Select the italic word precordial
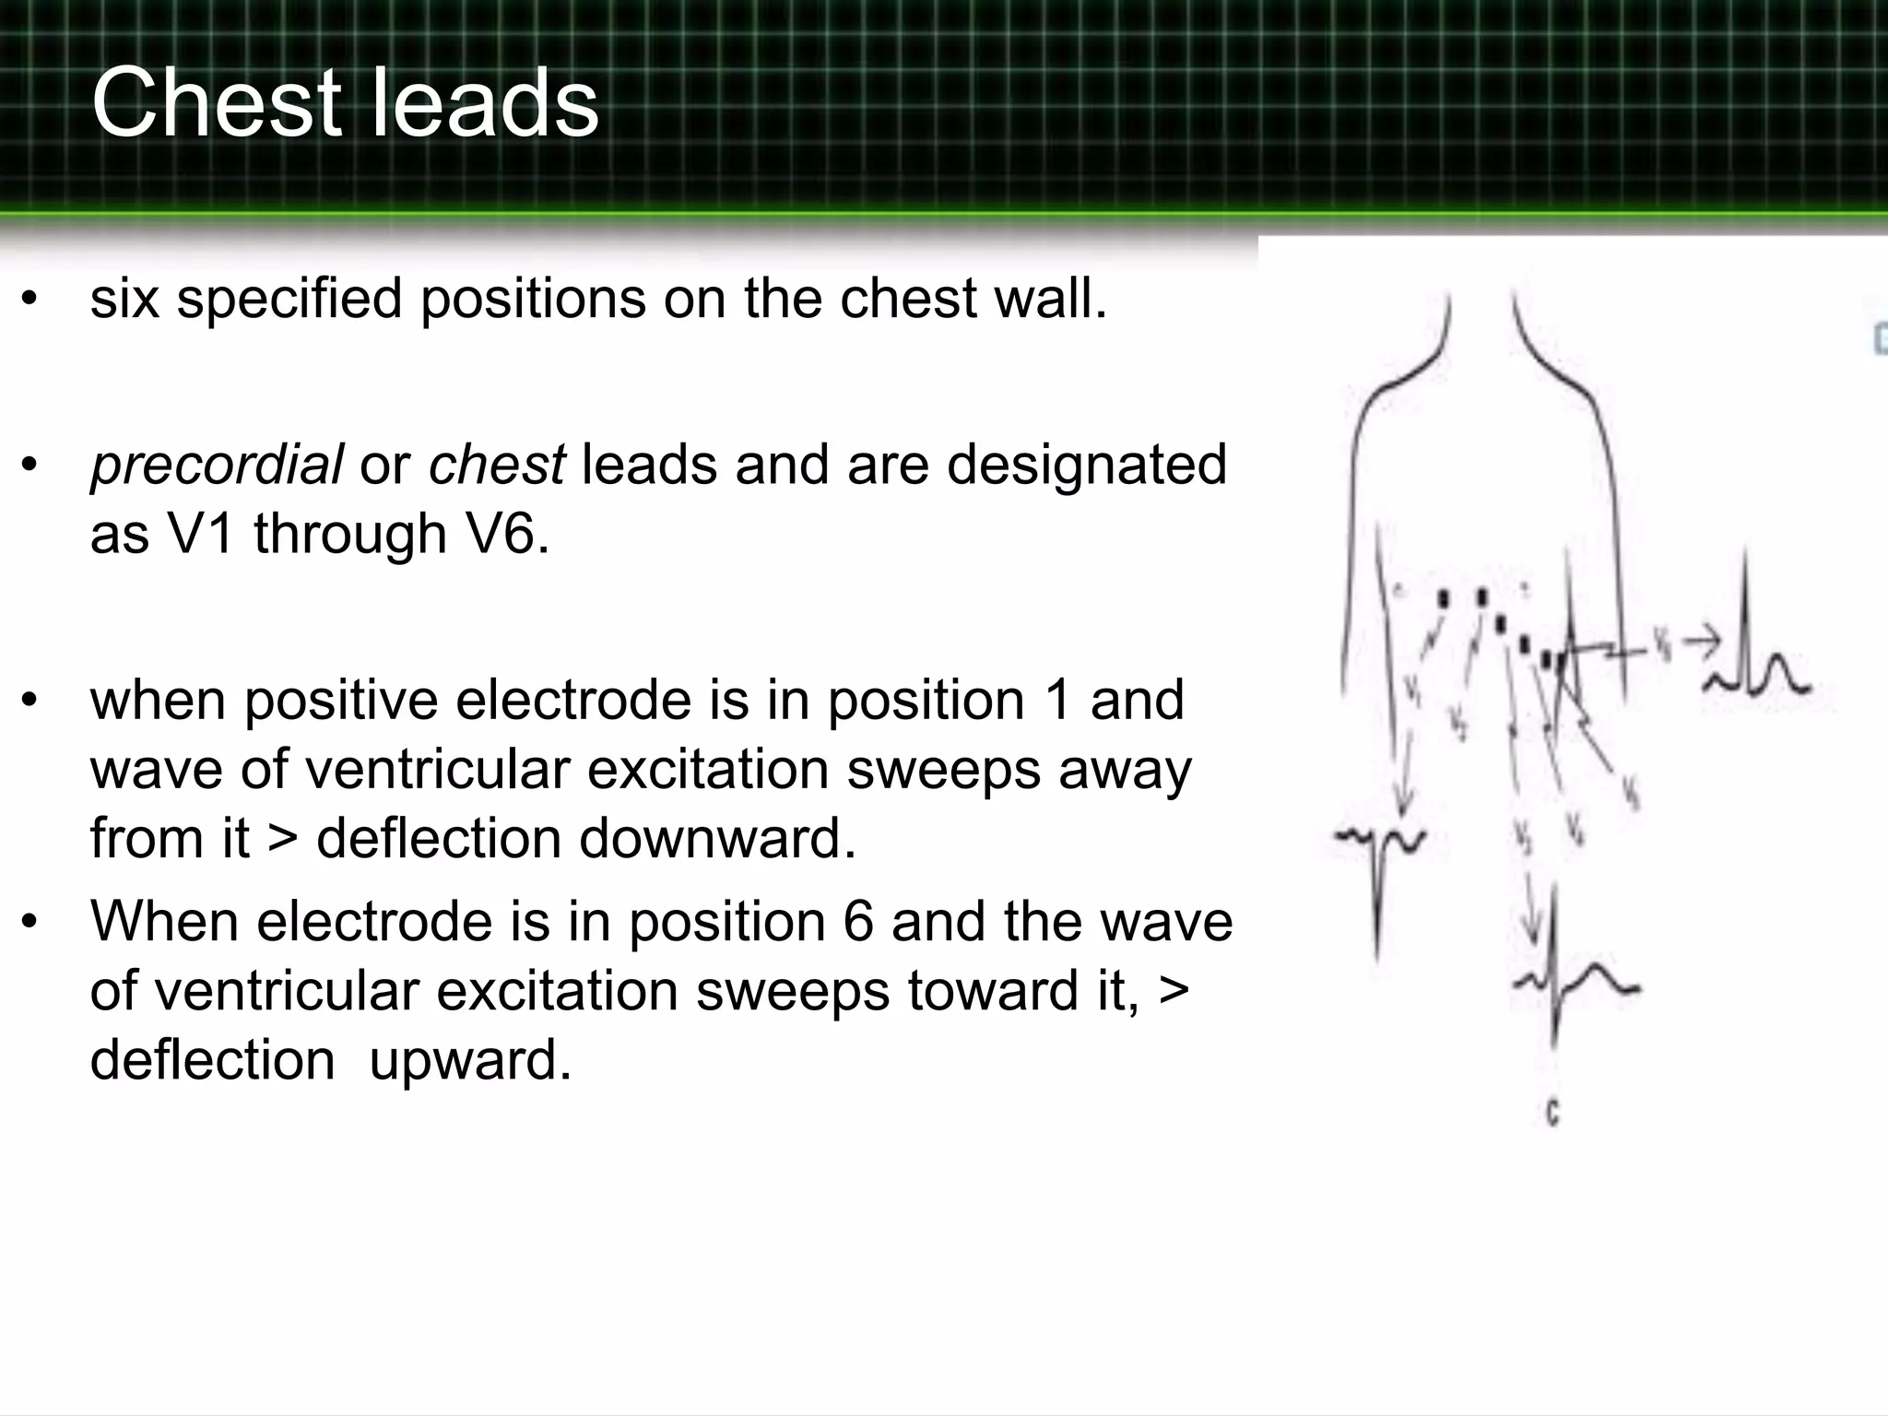pyautogui.click(x=217, y=464)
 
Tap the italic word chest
pyautogui.click(x=496, y=464)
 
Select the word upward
pyautogui.click(x=470, y=1059)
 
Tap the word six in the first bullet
pyautogui.click(x=124, y=299)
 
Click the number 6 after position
pyautogui.click(x=857, y=921)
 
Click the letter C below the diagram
pyautogui.click(x=1552, y=1114)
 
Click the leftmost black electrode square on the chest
pyautogui.click(x=1444, y=600)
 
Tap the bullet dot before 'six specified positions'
pyautogui.click(x=29, y=300)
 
